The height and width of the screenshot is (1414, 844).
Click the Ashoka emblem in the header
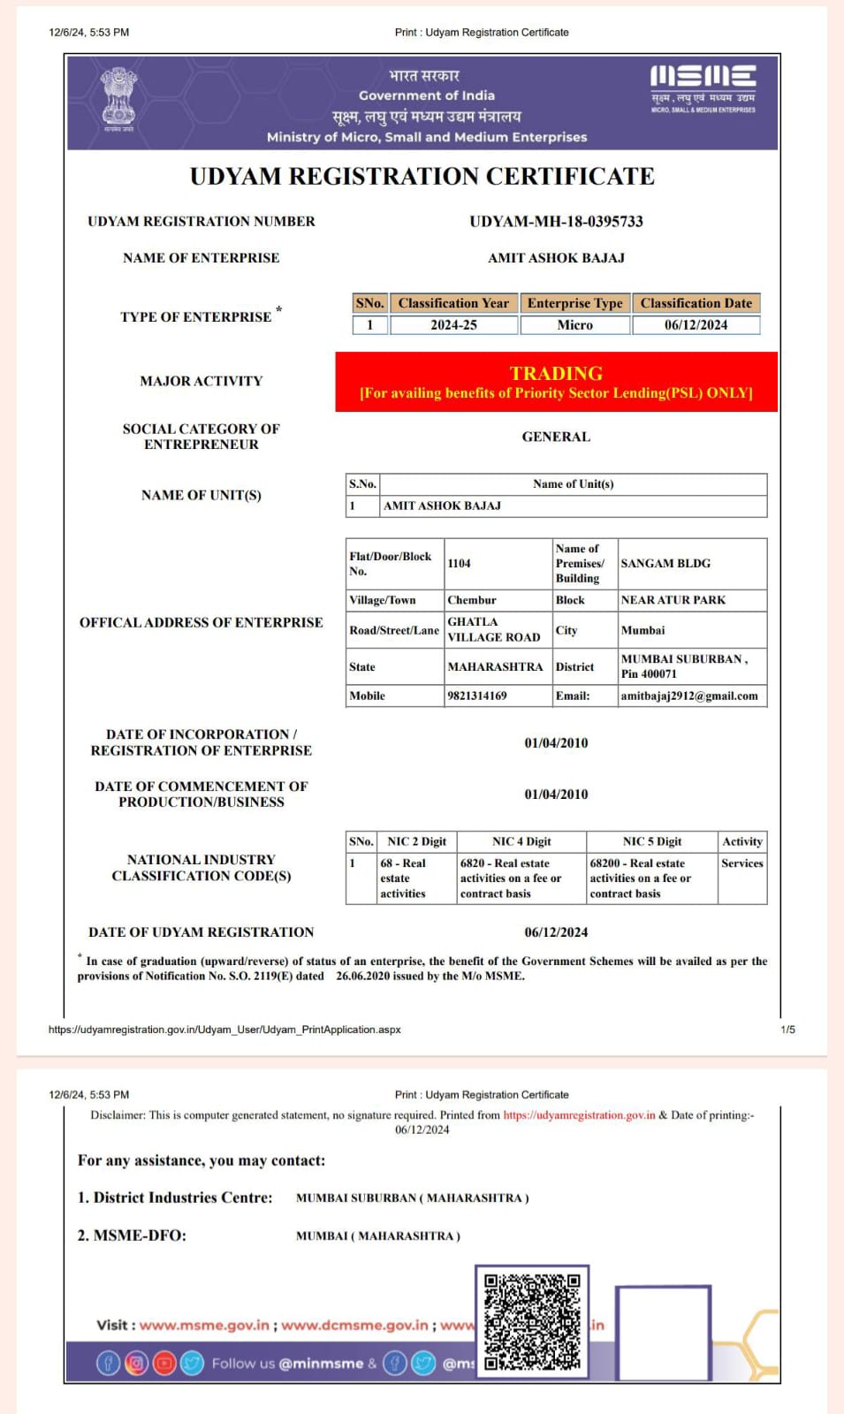click(118, 98)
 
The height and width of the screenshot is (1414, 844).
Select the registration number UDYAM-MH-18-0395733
click(556, 221)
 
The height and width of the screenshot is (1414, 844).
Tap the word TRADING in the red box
click(556, 373)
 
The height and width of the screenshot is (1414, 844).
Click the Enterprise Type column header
click(574, 303)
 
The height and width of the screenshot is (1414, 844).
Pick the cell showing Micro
click(574, 325)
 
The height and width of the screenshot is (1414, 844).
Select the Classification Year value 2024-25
click(453, 325)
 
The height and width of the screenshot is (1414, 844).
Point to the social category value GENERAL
click(556, 437)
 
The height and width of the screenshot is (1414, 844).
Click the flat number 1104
click(460, 563)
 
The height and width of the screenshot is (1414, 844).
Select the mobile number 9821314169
click(477, 696)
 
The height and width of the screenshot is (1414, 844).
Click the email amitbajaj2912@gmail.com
click(689, 696)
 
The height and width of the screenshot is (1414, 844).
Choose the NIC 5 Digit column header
click(652, 841)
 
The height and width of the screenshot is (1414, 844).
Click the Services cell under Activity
click(742, 863)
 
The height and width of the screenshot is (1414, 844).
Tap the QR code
click(532, 1321)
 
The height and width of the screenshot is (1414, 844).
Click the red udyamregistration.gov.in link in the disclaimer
click(580, 1115)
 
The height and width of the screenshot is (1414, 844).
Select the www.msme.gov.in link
click(204, 1325)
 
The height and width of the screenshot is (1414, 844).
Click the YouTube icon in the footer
click(164, 1363)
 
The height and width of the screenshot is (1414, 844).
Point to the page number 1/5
click(787, 1030)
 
